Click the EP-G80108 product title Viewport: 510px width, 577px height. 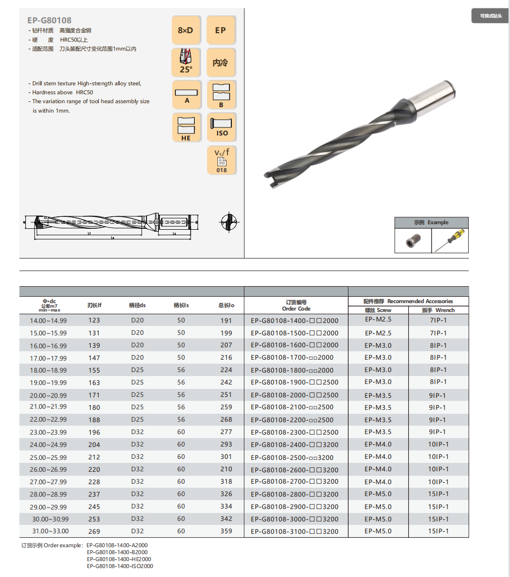pos(49,20)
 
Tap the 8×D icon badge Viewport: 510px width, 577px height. pos(186,30)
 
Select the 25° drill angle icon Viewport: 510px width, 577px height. pos(186,62)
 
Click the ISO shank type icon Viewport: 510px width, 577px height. pos(221,127)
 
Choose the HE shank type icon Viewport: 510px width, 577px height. pos(186,127)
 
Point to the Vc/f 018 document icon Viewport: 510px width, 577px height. pos(221,160)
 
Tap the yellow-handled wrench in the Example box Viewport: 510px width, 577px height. pos(450,241)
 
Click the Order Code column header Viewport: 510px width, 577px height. pos(296,305)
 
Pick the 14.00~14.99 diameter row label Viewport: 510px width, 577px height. pos(49,321)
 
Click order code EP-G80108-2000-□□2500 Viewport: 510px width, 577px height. pos(294,395)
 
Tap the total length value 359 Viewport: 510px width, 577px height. pos(226,531)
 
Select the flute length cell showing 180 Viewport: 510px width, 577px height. pos(94,407)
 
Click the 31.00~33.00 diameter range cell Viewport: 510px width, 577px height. pos(49,531)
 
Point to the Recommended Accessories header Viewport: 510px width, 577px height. pos(408,301)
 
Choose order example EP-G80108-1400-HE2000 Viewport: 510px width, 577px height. pos(119,559)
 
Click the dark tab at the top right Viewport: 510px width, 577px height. pos(490,16)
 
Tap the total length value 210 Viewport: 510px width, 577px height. pos(226,469)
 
